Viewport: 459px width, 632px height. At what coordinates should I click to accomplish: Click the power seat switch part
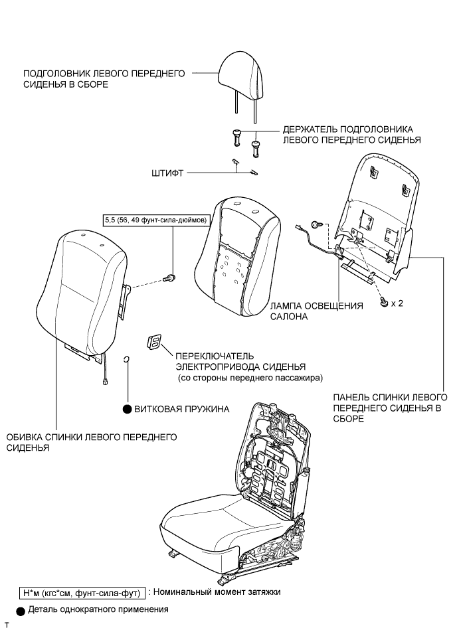pos(152,343)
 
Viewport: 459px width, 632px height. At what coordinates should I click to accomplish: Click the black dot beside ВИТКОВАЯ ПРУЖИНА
pos(126,409)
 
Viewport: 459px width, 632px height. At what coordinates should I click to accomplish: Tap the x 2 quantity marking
pos(397,303)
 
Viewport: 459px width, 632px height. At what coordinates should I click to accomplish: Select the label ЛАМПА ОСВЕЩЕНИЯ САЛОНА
pos(317,311)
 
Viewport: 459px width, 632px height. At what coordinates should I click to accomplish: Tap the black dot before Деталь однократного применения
pos(21,609)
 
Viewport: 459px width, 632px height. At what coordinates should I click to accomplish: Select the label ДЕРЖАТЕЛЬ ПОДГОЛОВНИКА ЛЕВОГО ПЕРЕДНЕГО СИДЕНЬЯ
pos(348,134)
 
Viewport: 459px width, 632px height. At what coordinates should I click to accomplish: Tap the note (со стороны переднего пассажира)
pos(250,378)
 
